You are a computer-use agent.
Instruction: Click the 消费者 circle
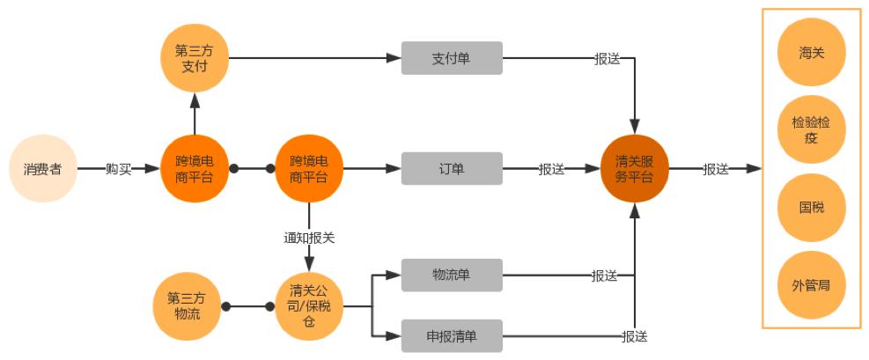42,168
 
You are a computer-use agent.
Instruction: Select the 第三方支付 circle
194,58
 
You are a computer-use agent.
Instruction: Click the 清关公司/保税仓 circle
309,305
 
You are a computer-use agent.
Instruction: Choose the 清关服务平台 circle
635,168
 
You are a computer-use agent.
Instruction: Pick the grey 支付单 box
452,58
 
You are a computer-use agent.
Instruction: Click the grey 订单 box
452,168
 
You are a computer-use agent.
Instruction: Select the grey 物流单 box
452,275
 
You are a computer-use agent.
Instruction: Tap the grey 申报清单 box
452,335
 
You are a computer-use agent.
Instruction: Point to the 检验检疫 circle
812,130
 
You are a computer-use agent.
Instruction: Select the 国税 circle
812,208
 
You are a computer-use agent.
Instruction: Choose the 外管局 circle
812,285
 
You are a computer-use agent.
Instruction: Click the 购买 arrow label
118,169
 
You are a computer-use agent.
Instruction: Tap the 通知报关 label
309,238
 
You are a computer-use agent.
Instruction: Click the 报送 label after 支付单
608,59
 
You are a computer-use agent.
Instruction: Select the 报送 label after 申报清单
634,336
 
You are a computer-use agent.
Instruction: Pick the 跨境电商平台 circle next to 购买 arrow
194,168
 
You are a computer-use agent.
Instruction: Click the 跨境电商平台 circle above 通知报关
309,168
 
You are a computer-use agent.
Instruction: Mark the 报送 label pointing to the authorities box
716,169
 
